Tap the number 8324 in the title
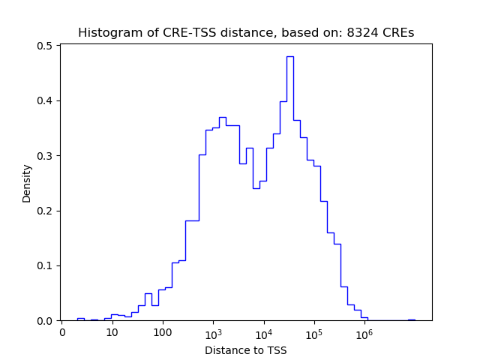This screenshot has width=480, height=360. point(361,33)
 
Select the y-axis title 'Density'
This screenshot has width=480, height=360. point(27,183)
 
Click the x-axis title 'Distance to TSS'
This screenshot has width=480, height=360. point(246,350)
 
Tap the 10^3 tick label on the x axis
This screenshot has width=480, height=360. point(213,331)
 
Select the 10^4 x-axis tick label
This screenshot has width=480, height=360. point(264,331)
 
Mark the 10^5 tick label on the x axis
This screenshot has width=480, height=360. point(314,331)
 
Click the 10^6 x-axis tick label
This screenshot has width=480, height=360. point(364,331)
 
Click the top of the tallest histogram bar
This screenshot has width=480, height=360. point(290,56)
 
